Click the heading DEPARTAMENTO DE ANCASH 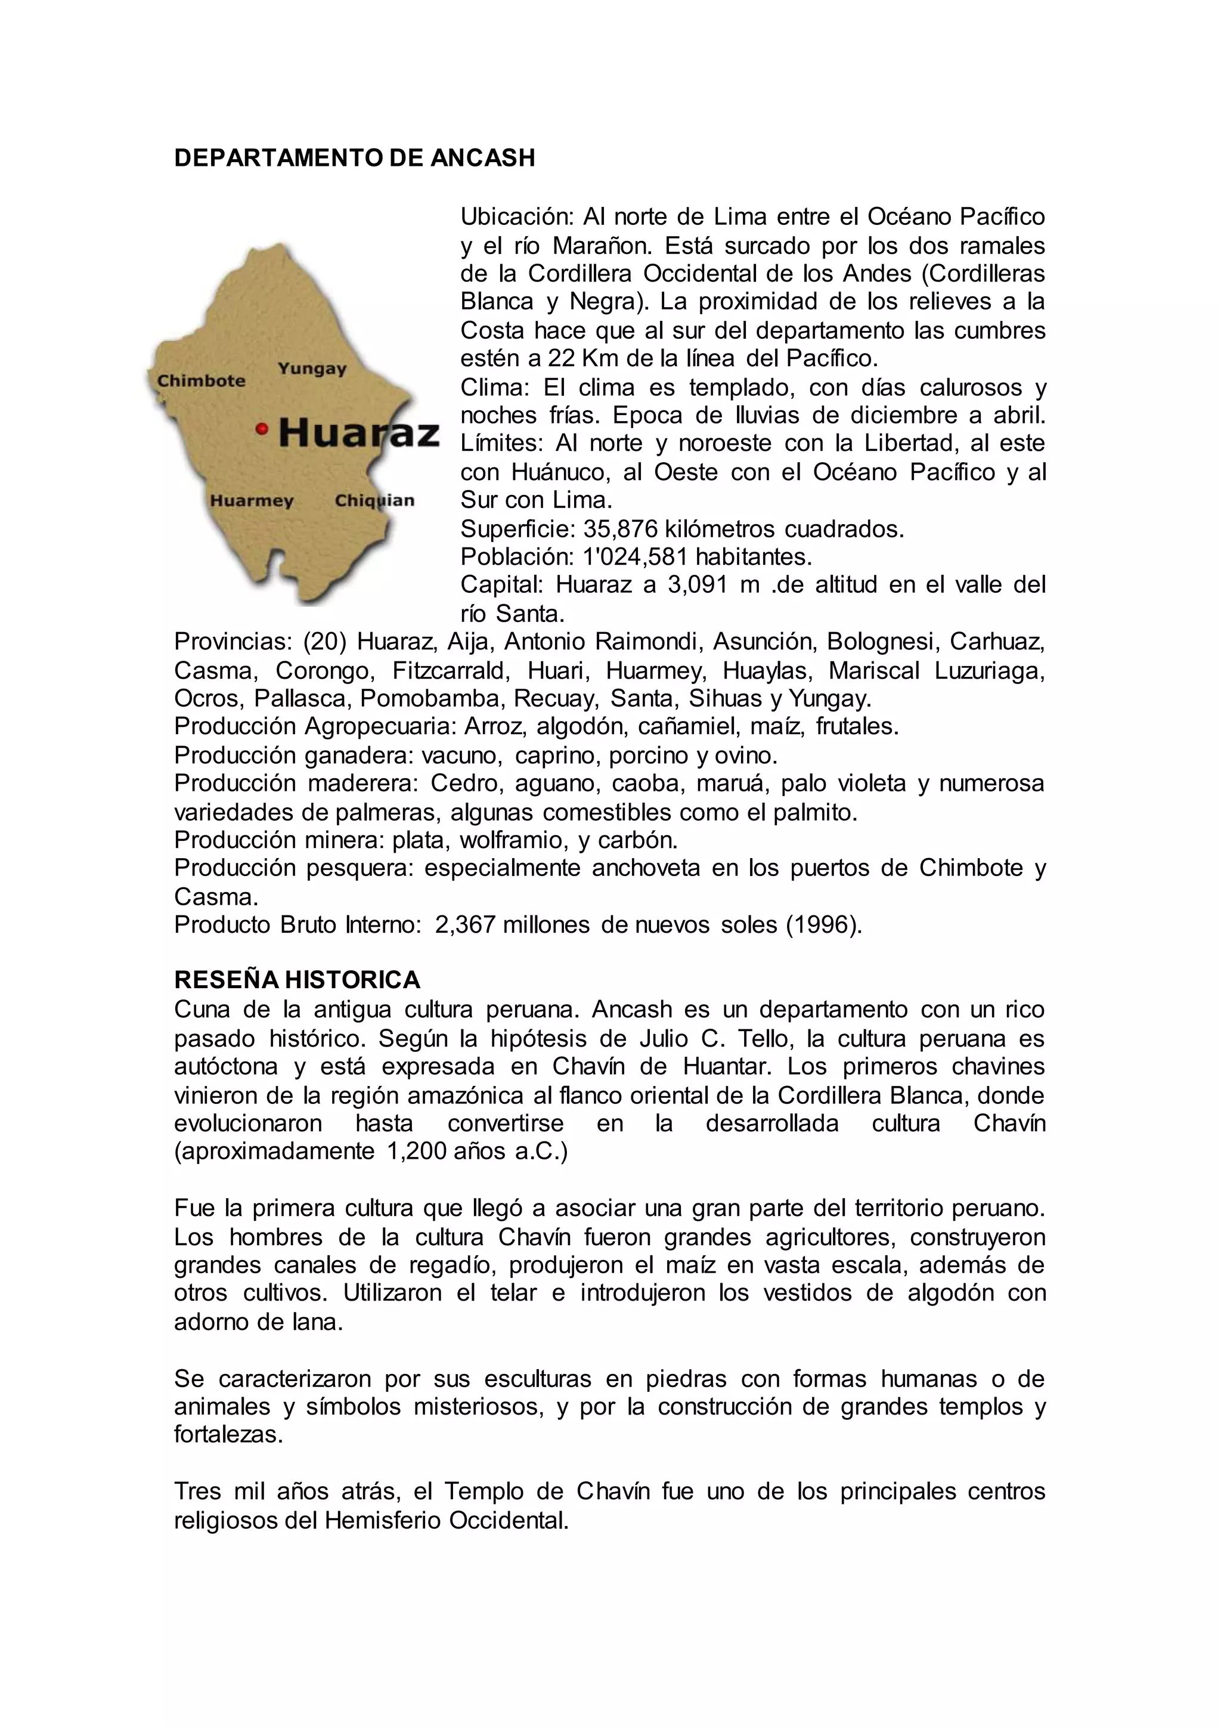354,158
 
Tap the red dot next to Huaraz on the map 262,429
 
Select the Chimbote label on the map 201,380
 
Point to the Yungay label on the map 312,369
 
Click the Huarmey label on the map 251,501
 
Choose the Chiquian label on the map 374,501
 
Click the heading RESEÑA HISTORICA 297,980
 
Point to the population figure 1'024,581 636,556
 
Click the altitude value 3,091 697,585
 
